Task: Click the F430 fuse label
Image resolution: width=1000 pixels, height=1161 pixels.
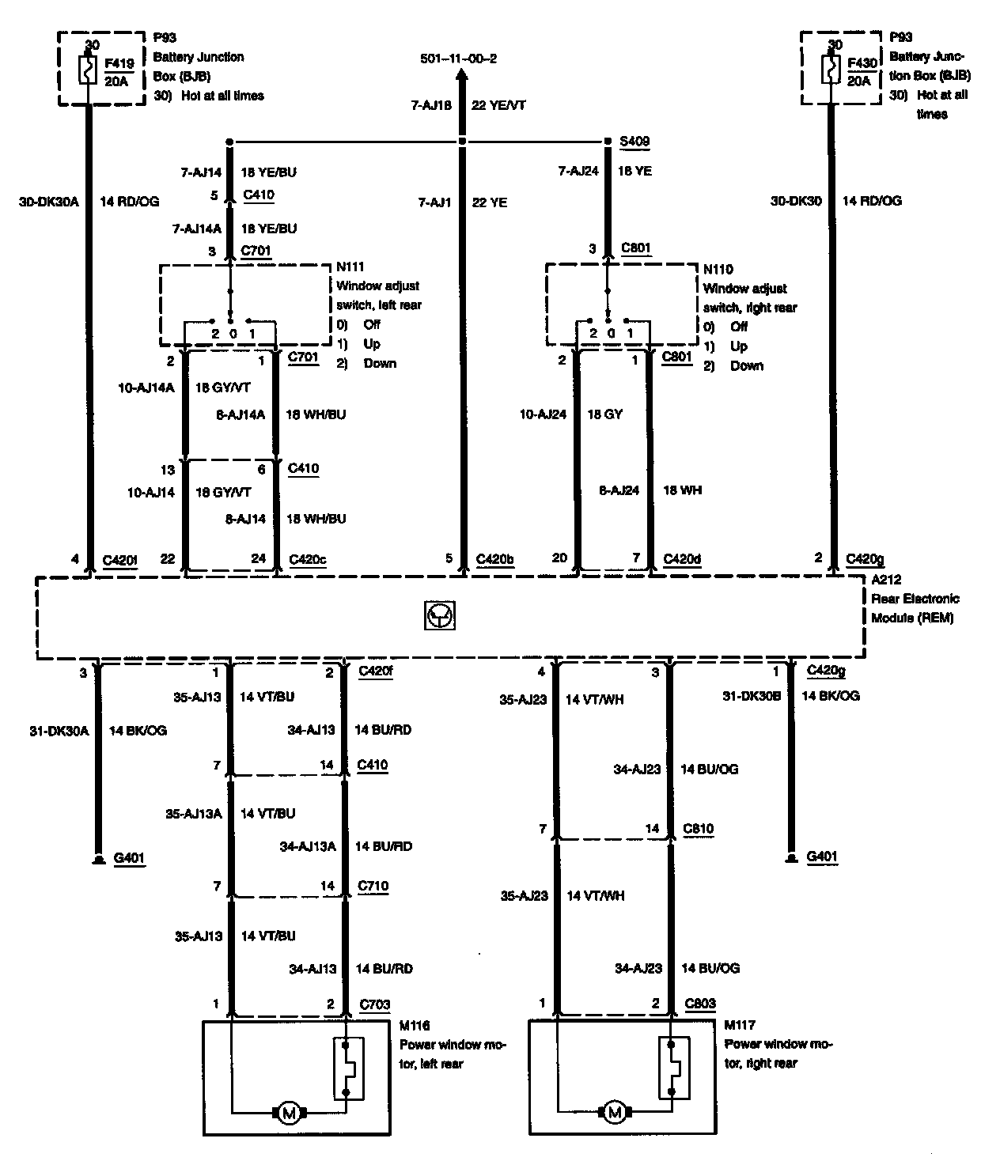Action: point(858,63)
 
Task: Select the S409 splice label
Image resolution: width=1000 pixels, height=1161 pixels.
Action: point(634,142)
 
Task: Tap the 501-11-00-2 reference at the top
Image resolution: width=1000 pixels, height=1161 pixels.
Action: point(460,59)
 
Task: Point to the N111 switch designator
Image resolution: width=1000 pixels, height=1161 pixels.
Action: point(350,267)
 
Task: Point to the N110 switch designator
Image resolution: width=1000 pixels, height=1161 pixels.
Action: point(718,270)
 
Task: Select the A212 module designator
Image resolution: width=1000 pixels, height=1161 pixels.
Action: point(886,580)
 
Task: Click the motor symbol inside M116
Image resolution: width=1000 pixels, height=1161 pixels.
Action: point(289,1114)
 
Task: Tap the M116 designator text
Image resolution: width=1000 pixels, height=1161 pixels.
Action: point(415,1026)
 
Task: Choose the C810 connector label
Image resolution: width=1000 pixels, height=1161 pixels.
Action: point(699,829)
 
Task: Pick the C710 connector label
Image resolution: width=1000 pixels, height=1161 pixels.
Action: point(373,886)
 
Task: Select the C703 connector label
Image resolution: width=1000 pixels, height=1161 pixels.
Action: point(374,1004)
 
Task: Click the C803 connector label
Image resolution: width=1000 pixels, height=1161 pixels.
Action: point(699,1004)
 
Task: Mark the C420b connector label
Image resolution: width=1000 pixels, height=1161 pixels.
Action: point(495,559)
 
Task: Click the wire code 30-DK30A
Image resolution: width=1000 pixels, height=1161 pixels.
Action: point(50,202)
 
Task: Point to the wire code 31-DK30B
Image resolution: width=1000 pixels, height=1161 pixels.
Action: point(752,696)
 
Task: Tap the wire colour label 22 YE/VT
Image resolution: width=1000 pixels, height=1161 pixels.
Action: point(498,104)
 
